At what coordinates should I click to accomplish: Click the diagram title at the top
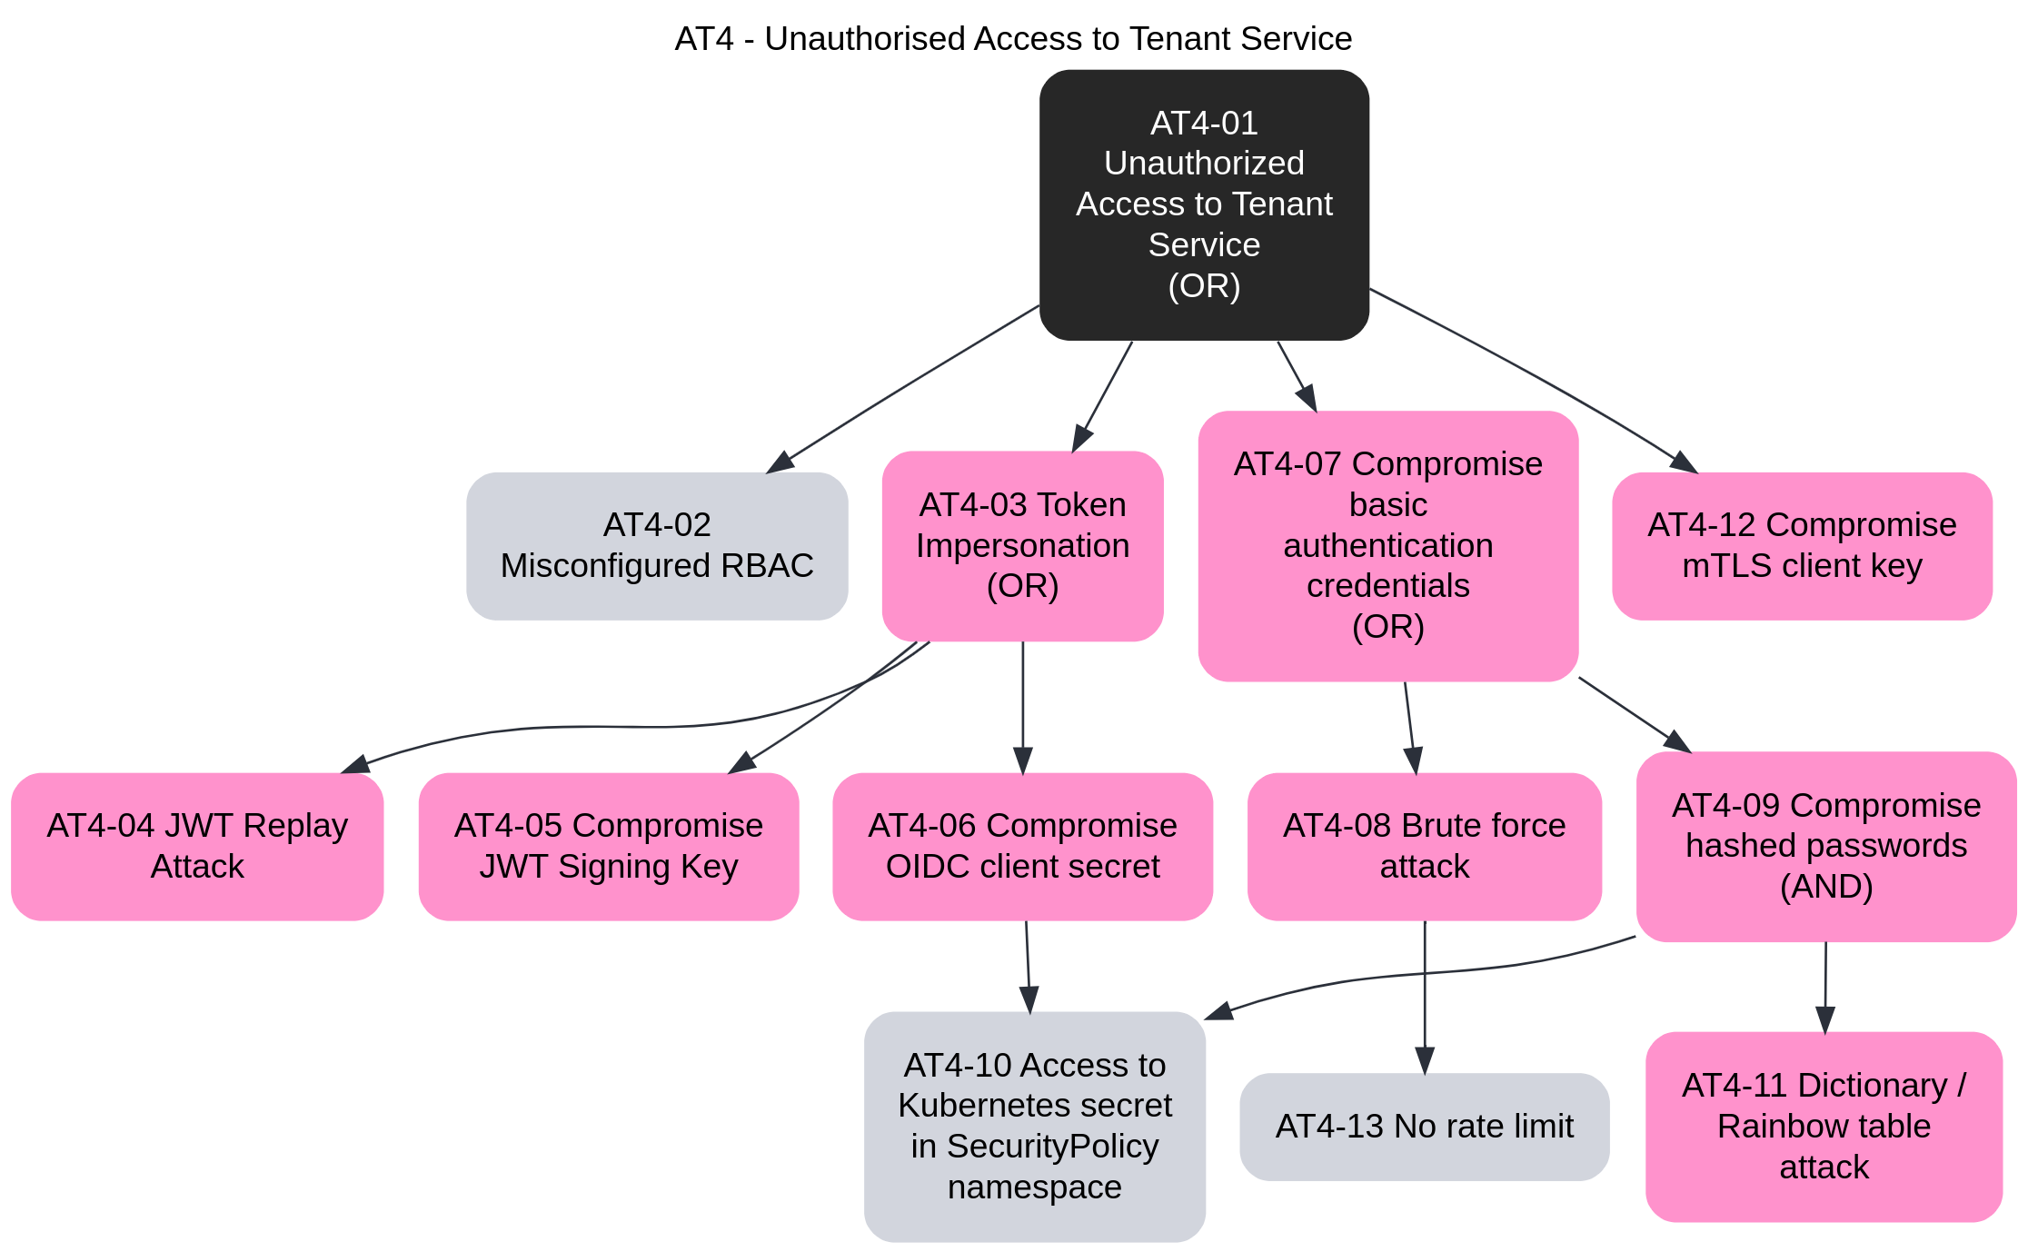1013,39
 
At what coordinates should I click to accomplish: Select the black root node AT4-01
1204,204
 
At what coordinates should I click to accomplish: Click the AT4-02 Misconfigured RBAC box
657,545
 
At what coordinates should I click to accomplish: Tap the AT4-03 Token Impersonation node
1022,545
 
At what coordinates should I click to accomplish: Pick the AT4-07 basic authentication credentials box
1387,545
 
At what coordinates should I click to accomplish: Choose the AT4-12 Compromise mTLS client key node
1802,545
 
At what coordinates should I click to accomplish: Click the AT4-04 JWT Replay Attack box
197,846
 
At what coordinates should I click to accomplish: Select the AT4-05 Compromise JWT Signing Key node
609,846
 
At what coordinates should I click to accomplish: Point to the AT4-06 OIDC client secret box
1022,846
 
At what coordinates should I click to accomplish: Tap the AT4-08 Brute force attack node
1424,846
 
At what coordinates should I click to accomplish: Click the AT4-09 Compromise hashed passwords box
1826,846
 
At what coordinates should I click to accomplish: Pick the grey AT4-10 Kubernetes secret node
1034,1126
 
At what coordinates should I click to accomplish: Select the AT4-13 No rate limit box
1424,1127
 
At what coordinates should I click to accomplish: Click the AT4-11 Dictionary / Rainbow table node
1824,1126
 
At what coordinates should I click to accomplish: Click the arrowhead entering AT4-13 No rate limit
1425,1061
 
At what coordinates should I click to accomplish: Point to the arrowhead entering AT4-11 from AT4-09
1825,1020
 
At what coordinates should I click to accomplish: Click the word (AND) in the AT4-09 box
1826,887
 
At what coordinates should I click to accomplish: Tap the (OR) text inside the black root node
1204,286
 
